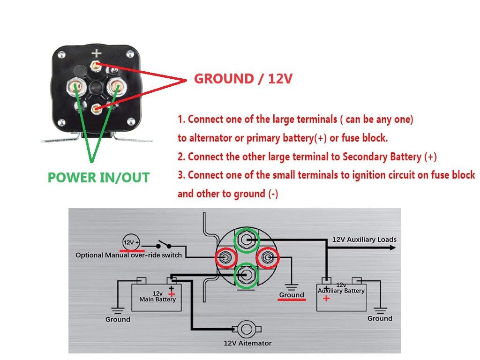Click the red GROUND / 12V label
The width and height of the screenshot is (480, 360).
[243, 79]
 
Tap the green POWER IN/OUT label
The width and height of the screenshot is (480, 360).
[98, 178]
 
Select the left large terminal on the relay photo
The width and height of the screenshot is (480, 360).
[76, 87]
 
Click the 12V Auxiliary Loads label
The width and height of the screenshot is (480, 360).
[364, 240]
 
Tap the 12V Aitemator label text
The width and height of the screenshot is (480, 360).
[247, 343]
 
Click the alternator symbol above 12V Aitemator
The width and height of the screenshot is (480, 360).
[247, 329]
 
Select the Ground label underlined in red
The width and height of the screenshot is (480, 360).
[291, 295]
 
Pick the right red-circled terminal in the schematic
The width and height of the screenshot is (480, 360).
[267, 257]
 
